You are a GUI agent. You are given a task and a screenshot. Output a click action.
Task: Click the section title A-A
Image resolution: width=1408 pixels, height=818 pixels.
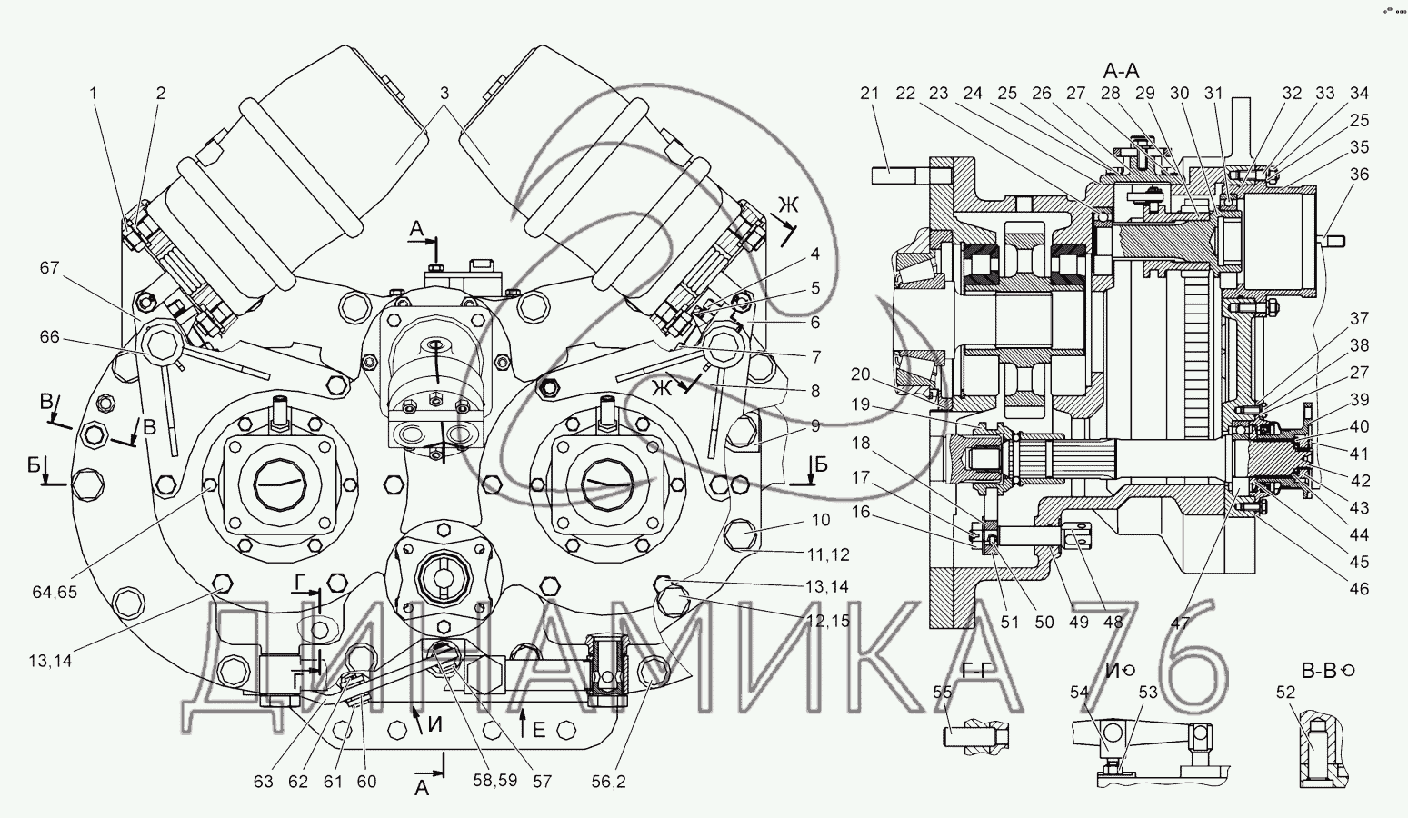click(1121, 70)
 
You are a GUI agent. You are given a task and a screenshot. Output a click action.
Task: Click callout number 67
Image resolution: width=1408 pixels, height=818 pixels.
click(49, 268)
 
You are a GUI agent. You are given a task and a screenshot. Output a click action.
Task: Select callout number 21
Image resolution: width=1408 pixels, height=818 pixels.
click(869, 93)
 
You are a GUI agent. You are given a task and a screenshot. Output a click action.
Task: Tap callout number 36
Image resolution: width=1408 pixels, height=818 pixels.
click(1359, 174)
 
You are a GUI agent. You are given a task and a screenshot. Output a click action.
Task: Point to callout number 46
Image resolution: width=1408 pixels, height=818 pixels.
click(1359, 589)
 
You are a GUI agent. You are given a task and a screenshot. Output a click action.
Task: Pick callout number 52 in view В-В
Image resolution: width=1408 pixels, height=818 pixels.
click(1286, 692)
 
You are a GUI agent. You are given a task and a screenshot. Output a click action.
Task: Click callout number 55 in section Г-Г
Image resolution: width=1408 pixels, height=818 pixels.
click(943, 693)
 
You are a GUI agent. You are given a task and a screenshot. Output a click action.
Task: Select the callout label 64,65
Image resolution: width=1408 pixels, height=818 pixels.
click(55, 592)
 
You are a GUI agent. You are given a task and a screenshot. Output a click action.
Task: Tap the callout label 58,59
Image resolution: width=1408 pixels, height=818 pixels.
click(496, 780)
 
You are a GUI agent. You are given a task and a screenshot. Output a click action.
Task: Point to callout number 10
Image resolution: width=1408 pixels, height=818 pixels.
click(821, 519)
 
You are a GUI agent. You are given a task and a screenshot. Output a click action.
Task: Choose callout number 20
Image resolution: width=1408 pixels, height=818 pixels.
click(860, 374)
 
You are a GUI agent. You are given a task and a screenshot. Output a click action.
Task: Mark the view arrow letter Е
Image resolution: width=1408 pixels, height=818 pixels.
click(539, 729)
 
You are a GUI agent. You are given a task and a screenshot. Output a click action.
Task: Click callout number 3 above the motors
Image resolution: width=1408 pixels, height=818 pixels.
click(444, 93)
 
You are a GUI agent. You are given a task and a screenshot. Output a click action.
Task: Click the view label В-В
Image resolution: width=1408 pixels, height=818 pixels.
click(1318, 671)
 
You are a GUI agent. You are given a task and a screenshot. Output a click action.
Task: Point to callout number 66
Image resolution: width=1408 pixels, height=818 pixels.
click(49, 337)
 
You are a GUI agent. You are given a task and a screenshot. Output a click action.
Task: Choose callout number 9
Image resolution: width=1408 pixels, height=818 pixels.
click(815, 425)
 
